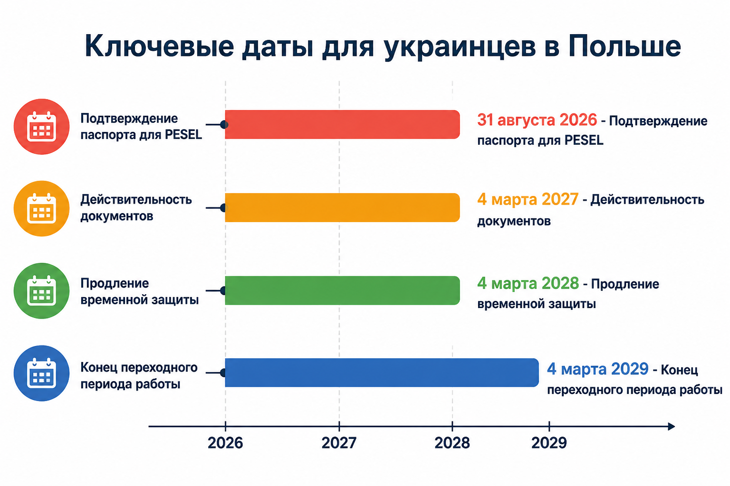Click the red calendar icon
point(41,127)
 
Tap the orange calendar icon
point(41,208)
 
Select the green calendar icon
point(41,290)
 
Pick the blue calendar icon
point(41,373)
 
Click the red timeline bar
point(342,124)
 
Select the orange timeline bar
point(342,208)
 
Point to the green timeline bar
point(342,290)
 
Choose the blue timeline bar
point(382,373)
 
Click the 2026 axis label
point(225,443)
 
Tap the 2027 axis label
point(339,443)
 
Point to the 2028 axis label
point(452,443)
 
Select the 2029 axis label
point(549,443)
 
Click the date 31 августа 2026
point(537,120)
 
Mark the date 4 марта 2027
point(528,199)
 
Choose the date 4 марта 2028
point(528,283)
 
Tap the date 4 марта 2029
point(598,369)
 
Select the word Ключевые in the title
point(159,46)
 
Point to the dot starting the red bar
point(224,124)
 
